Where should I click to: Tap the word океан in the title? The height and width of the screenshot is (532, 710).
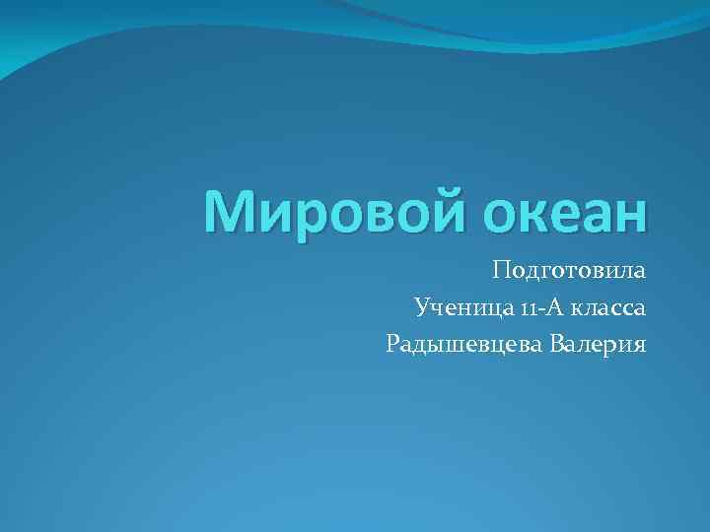pyautogui.click(x=556, y=213)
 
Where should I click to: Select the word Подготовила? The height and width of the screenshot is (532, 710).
pyautogui.click(x=569, y=271)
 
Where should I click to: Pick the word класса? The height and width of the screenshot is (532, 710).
pyautogui.click(x=606, y=308)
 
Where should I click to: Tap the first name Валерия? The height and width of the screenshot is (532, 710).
pyautogui.click(x=597, y=345)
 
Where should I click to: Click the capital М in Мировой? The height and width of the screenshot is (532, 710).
pyautogui.click(x=226, y=213)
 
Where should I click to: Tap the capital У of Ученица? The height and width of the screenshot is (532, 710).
pyautogui.click(x=423, y=308)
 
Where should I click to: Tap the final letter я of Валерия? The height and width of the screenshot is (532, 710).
pyautogui.click(x=638, y=346)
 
